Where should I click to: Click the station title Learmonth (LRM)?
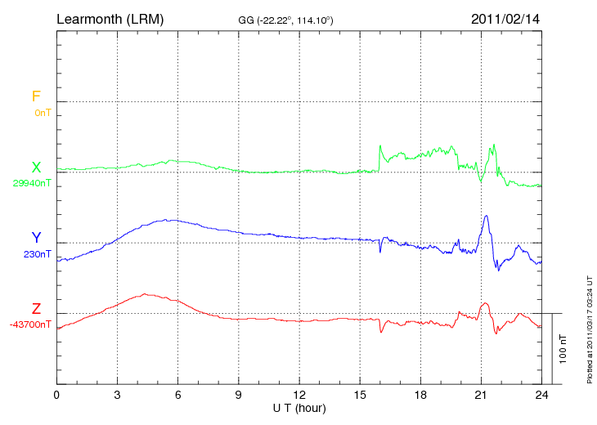click(x=110, y=18)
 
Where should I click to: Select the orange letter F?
click(x=36, y=96)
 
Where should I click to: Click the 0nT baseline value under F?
click(x=43, y=112)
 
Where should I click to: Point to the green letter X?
click(x=36, y=168)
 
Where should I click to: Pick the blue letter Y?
click(x=36, y=238)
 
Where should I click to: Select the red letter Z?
click(x=36, y=309)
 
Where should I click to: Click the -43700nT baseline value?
click(x=31, y=324)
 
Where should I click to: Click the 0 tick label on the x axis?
click(x=56, y=395)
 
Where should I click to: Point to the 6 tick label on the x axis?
click(x=178, y=395)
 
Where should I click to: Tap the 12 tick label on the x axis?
click(x=299, y=395)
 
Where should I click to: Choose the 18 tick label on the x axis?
click(x=420, y=395)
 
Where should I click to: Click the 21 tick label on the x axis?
click(x=481, y=395)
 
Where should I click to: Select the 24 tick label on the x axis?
click(x=541, y=395)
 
